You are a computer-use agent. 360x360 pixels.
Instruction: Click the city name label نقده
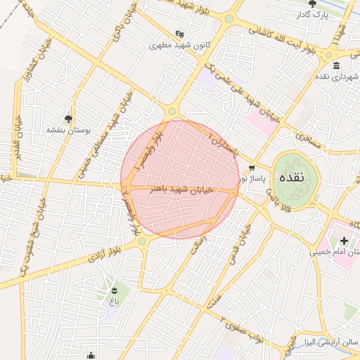[291, 177]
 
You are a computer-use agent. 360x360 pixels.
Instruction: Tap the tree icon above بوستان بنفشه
[68, 119]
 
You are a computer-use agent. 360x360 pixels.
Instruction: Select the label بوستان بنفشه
[65, 130]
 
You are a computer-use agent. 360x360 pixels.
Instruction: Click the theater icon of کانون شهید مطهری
[179, 33]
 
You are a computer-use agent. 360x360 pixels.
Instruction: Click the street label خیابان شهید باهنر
[179, 188]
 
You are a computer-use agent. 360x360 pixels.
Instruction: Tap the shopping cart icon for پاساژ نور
[252, 168]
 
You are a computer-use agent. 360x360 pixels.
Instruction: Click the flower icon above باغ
[113, 289]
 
